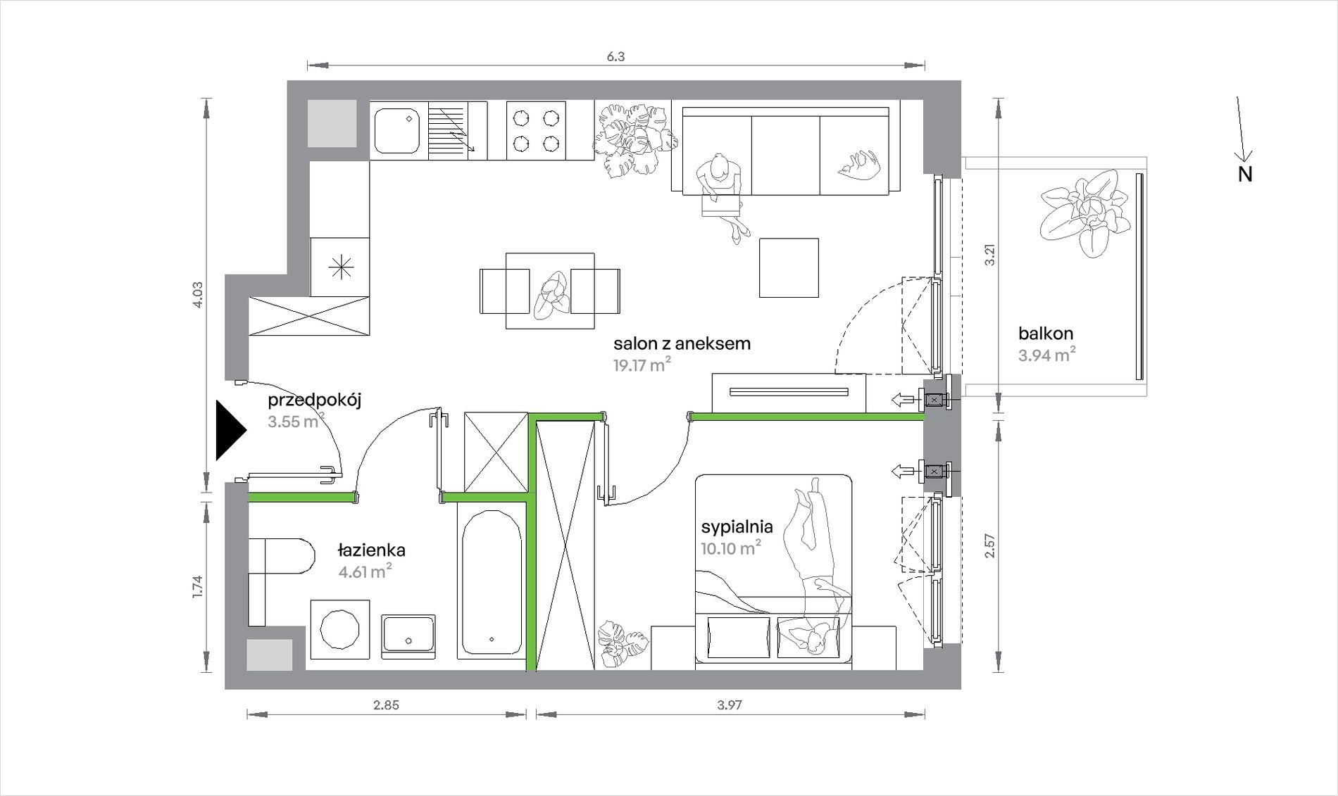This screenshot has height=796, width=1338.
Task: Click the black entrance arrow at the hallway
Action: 230,430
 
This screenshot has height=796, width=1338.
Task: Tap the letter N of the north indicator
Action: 1245,175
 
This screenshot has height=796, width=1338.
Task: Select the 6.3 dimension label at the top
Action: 615,56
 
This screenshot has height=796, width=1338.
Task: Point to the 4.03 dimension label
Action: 197,295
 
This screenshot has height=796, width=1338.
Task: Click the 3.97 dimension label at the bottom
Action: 729,705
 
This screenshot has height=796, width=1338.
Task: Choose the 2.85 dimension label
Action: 386,705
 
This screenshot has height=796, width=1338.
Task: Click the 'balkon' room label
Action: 1046,333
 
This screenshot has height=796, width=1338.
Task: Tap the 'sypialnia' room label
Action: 737,526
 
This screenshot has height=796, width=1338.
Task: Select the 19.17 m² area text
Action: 642,365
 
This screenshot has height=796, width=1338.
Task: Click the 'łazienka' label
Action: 371,550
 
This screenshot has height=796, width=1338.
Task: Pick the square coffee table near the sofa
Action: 789,267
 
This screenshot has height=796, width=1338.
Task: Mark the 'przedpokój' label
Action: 314,400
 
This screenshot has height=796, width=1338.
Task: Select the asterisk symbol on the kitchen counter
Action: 341,267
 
